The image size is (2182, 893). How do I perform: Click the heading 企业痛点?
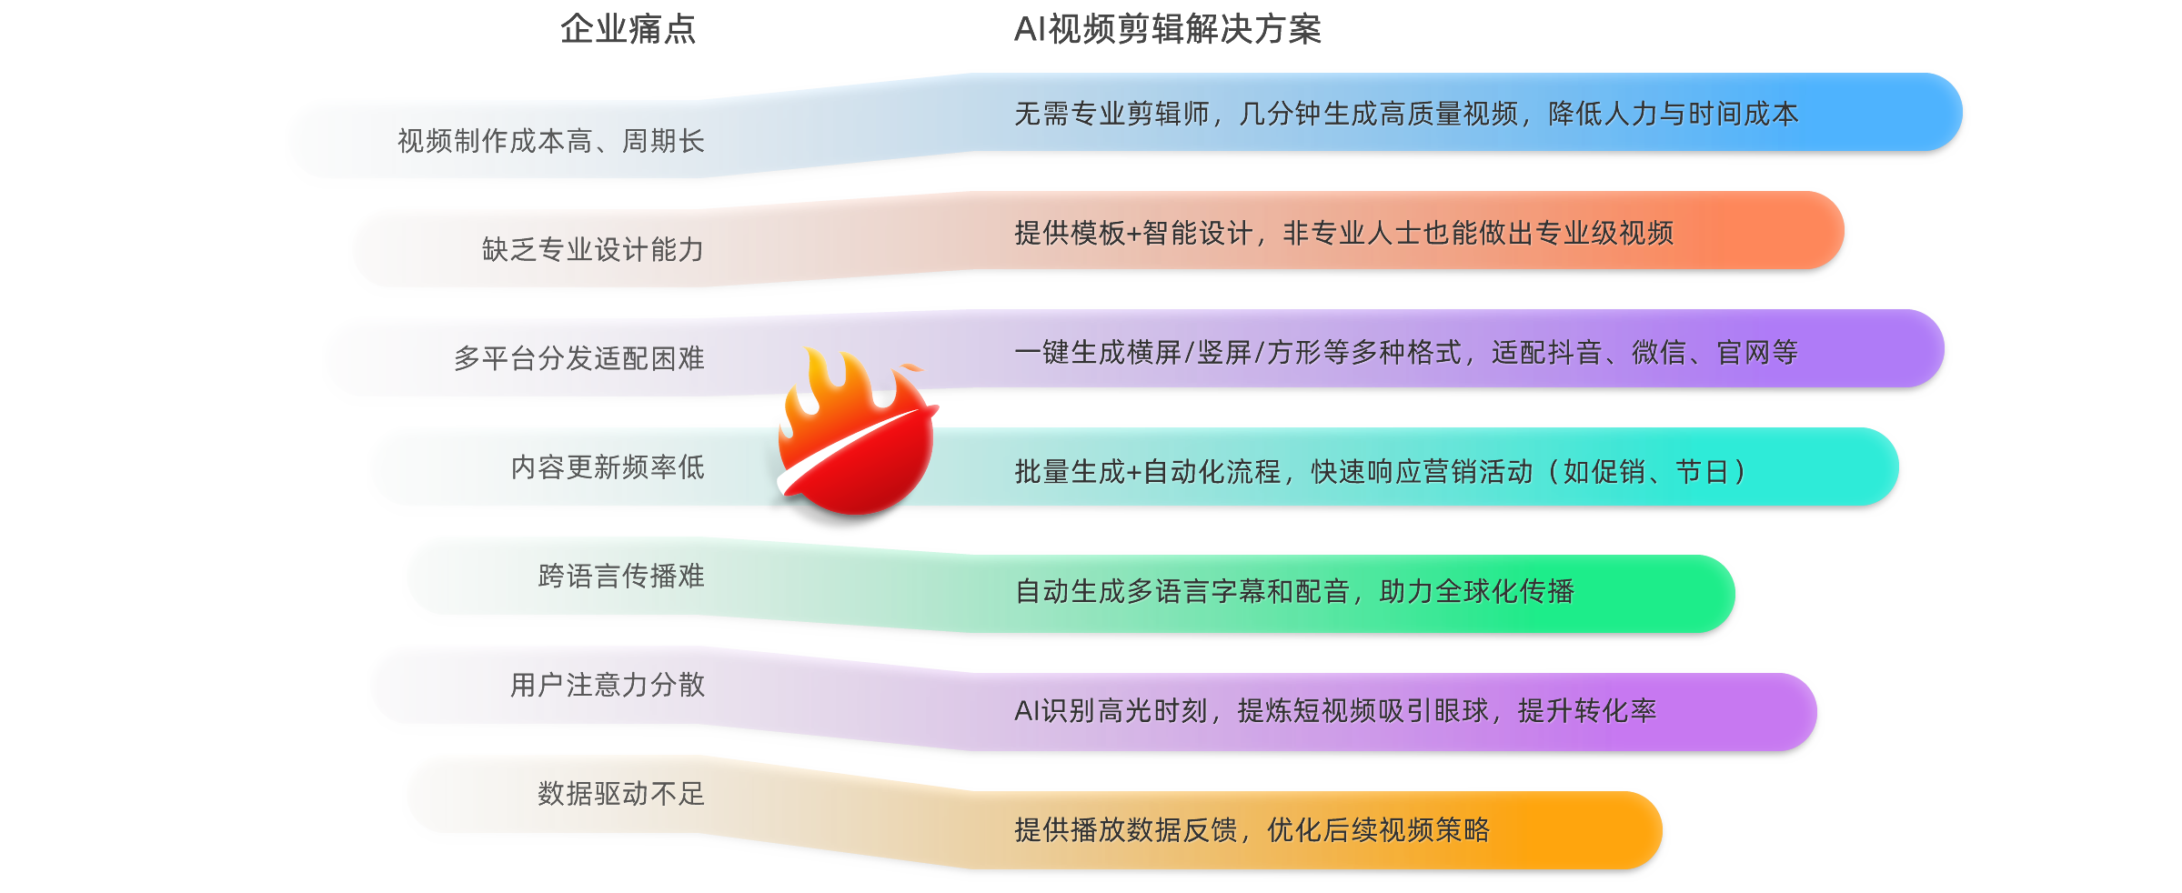click(x=628, y=30)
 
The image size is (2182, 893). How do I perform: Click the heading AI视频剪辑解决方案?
click(x=1167, y=30)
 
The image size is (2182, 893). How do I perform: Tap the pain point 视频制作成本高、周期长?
click(x=550, y=141)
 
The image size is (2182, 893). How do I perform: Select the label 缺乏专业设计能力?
click(x=592, y=249)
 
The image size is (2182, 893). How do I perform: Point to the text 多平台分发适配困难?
click(x=578, y=358)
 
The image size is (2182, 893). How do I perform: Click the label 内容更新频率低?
click(x=607, y=467)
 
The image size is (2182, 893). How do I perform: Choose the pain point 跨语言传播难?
click(x=620, y=576)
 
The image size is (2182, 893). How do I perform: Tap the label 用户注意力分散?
click(x=607, y=685)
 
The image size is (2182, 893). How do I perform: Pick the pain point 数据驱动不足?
click(x=620, y=794)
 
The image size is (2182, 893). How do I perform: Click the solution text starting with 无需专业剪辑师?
click(x=1405, y=114)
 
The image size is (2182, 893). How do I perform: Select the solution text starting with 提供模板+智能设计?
click(x=1343, y=233)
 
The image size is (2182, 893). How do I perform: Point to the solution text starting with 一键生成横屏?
click(x=1405, y=352)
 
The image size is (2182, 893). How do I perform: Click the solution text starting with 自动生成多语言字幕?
click(x=1294, y=591)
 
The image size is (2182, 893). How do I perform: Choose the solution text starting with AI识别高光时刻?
click(x=1334, y=710)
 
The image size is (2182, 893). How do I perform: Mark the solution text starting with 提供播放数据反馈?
click(x=1252, y=829)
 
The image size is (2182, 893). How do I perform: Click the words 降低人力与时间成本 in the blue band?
click(x=1674, y=114)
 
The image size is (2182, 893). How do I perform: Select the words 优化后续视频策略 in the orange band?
click(x=1378, y=829)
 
